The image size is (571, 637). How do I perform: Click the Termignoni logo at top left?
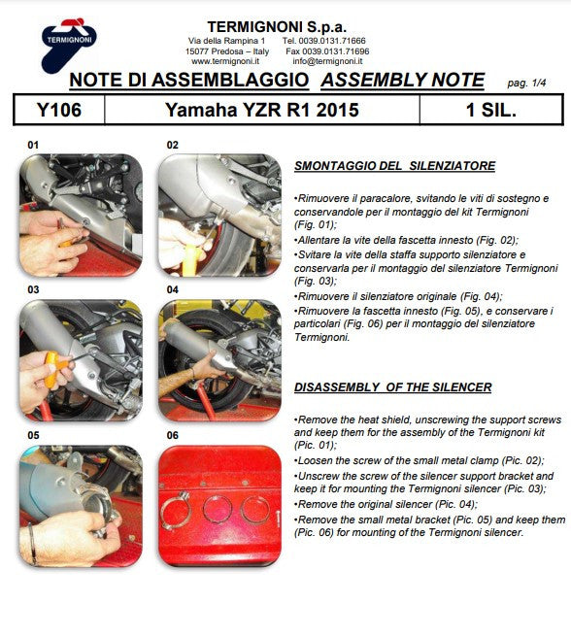tap(68, 45)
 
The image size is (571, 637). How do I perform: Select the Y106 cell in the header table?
tap(59, 110)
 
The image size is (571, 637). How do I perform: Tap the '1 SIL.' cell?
tap(491, 110)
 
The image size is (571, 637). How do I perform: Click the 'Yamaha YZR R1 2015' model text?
tap(262, 110)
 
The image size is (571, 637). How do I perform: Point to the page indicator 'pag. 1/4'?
tap(526, 84)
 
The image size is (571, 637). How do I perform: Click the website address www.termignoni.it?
tap(225, 61)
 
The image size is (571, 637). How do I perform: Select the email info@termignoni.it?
tap(327, 61)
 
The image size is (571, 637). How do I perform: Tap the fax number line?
tap(327, 51)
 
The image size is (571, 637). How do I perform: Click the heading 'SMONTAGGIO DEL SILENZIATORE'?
tap(394, 166)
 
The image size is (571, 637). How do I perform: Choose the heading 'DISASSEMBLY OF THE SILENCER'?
tap(392, 387)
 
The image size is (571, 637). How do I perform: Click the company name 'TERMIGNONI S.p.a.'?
tap(277, 27)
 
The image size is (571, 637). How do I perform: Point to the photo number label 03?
tap(33, 289)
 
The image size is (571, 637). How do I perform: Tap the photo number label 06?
tap(172, 435)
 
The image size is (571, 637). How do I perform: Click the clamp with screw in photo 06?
tap(176, 510)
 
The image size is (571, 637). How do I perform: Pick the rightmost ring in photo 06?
tap(254, 510)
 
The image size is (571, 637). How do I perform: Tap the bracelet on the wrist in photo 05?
tap(32, 543)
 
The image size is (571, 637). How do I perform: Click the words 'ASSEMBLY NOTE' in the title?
tap(403, 80)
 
